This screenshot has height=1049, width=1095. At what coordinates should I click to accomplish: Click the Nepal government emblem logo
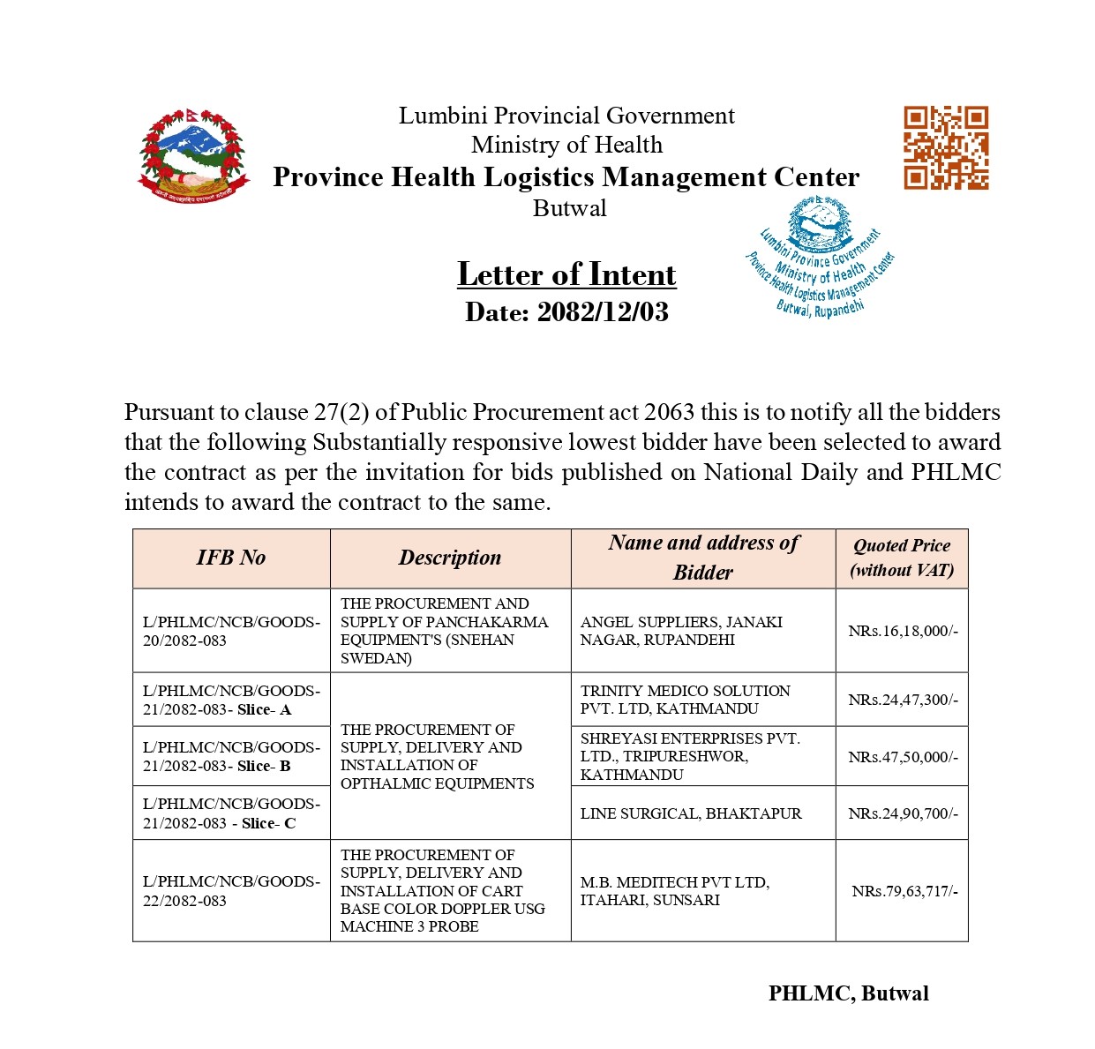[x=193, y=156]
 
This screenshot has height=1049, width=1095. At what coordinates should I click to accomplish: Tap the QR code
[x=945, y=147]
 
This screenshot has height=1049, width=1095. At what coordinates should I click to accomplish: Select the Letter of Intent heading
[x=566, y=274]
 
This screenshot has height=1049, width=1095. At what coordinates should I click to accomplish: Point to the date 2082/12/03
[x=566, y=312]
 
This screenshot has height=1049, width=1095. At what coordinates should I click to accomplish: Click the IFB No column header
[x=231, y=558]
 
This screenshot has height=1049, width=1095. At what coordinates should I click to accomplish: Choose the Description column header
[x=450, y=558]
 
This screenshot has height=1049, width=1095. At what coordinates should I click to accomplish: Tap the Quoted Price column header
[x=901, y=558]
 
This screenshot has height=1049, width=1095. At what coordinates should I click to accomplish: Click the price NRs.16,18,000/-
[x=902, y=631]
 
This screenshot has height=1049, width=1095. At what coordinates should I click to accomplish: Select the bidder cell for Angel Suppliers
[x=681, y=631]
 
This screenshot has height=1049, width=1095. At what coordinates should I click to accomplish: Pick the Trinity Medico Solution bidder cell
[x=685, y=700]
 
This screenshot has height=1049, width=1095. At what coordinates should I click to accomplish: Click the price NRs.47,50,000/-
[x=902, y=757]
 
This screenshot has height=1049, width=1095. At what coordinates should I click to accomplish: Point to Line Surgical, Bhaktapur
[x=691, y=813]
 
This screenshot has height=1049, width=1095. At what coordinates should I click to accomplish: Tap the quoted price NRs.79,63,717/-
[x=904, y=891]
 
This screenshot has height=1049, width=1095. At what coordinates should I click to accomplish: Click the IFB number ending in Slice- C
[x=231, y=813]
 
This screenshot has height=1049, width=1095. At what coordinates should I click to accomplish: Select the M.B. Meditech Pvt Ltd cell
[x=674, y=891]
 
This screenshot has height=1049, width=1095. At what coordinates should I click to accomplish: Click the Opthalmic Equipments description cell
[x=437, y=756]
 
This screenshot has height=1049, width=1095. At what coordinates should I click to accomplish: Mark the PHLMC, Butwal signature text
[x=848, y=993]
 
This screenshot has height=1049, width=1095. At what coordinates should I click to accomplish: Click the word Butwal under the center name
[x=569, y=209]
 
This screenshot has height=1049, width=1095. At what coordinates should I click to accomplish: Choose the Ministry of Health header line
[x=566, y=145]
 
